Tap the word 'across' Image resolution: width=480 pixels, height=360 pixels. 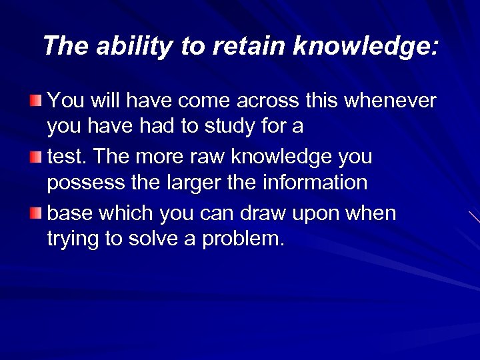pos(268,101)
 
